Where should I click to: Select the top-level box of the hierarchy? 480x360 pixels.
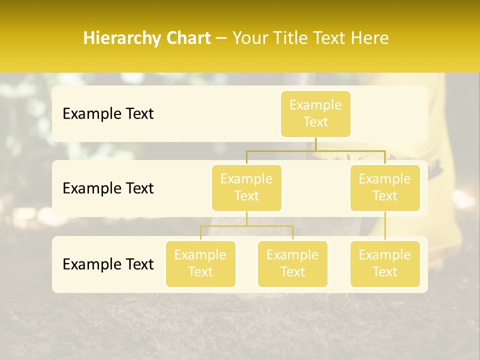pyautogui.click(x=315, y=113)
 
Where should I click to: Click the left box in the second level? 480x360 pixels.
pyautogui.click(x=246, y=187)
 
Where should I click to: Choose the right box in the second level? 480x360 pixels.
pyautogui.click(x=385, y=187)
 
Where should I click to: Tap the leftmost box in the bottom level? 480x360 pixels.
pyautogui.click(x=200, y=263)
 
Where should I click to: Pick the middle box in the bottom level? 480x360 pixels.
pyautogui.click(x=292, y=263)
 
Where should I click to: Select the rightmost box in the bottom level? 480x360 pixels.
pyautogui.click(x=385, y=263)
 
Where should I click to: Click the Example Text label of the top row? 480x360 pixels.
pyautogui.click(x=108, y=113)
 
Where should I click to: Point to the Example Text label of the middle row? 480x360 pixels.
pyautogui.click(x=108, y=188)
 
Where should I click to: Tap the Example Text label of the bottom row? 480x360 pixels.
pyautogui.click(x=108, y=264)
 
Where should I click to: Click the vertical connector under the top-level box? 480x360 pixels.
pyautogui.click(x=315, y=144)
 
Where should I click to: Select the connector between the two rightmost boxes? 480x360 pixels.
pyautogui.click(x=385, y=226)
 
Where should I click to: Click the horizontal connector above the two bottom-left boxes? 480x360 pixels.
pyautogui.click(x=246, y=226)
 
